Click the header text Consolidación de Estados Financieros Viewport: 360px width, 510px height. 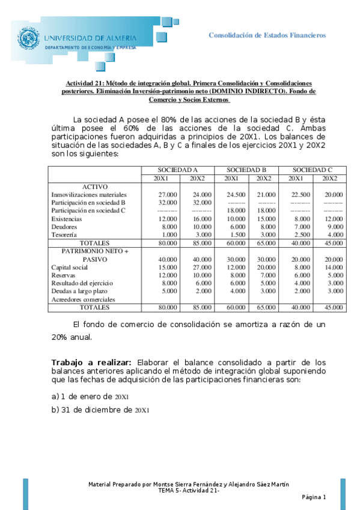(267, 35)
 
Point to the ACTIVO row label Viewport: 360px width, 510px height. (94, 186)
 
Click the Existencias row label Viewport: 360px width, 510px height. (67, 218)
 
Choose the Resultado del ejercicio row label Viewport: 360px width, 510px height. (82, 283)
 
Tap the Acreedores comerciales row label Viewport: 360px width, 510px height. (83, 299)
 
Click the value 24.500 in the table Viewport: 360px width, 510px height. (231, 195)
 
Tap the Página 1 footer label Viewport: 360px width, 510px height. (313, 497)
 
